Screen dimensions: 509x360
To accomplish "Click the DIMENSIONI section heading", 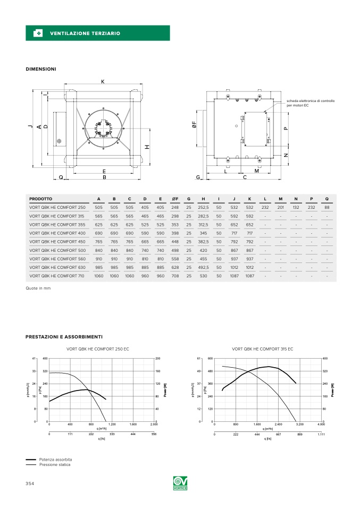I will tap(41, 69).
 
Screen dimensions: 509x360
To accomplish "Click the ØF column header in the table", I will tap(175, 199).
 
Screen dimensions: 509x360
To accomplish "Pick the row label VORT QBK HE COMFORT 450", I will tap(57, 241).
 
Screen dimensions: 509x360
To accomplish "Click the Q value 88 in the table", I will tap(326, 207).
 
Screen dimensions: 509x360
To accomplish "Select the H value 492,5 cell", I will tap(203, 267).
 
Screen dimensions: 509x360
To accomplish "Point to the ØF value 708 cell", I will tap(175, 276).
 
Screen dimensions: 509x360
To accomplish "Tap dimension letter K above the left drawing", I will tap(103, 81).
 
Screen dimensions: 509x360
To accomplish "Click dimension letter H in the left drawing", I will tap(147, 147).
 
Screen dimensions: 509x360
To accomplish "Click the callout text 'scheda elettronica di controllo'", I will tap(311, 101).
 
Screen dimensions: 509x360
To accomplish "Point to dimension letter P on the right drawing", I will tap(286, 128).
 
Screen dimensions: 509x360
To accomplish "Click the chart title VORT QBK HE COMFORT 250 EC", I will tap(98, 349).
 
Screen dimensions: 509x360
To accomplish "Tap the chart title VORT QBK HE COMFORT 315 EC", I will tap(263, 349).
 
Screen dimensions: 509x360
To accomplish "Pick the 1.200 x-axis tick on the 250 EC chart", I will tap(112, 425).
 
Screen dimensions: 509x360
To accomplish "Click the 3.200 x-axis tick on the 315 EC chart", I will tap(299, 425).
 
